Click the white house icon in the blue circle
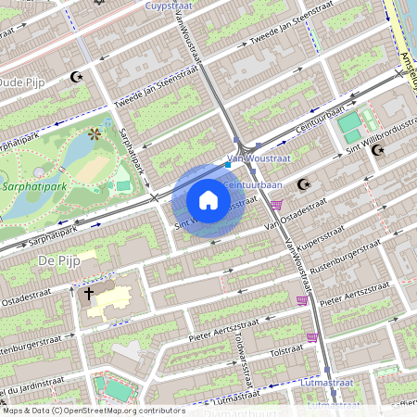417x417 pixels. [208, 200]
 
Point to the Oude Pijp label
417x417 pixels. [23, 82]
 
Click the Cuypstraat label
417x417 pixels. [170, 6]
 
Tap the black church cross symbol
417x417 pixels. [90, 294]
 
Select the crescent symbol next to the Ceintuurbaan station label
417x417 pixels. [302, 184]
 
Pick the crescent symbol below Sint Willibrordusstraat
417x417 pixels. [377, 149]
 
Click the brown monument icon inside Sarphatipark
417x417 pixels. [93, 134]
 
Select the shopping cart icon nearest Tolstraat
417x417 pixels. [312, 337]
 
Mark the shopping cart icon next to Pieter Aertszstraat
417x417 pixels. [301, 300]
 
